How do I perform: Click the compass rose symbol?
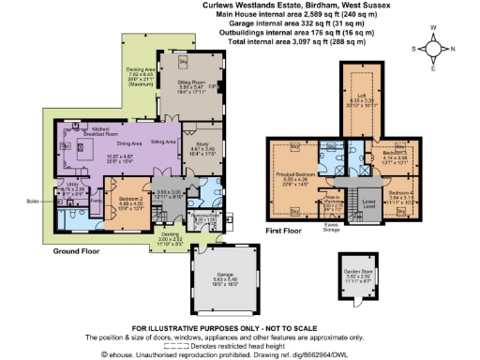[x=434, y=48]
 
